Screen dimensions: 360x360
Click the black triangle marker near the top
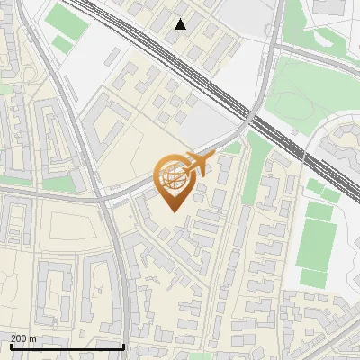point(181,24)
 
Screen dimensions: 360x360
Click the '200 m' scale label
point(23,338)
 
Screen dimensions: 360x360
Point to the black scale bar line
point(67,346)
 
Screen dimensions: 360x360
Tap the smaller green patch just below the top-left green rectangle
point(63,43)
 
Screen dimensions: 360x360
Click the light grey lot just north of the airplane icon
point(212,126)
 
